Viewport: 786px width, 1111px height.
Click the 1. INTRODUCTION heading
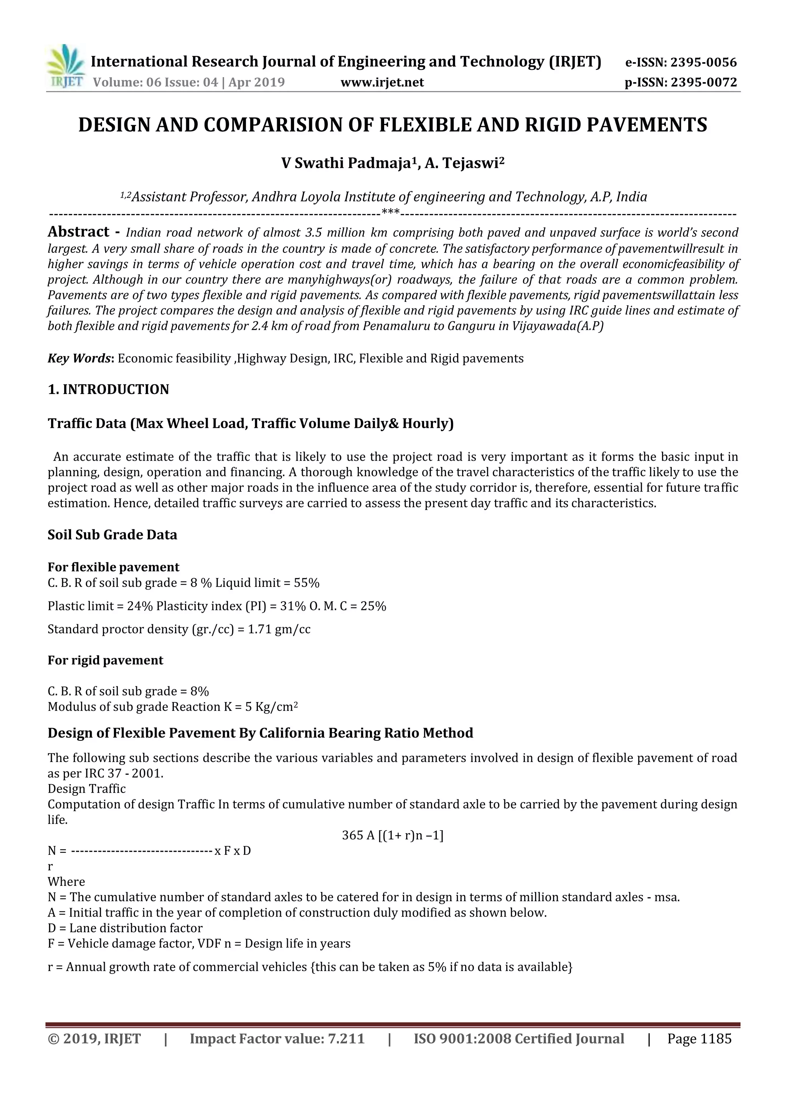click(108, 389)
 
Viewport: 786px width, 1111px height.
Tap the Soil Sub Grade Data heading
click(112, 535)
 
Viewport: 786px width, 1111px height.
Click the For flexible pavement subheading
click(113, 567)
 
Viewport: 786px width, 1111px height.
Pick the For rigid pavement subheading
click(106, 661)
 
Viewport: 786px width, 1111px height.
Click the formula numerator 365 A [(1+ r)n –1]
click(393, 836)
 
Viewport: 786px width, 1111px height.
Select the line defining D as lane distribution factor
click(125, 928)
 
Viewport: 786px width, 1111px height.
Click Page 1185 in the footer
click(699, 1039)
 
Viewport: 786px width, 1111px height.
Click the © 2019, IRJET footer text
click(94, 1039)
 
